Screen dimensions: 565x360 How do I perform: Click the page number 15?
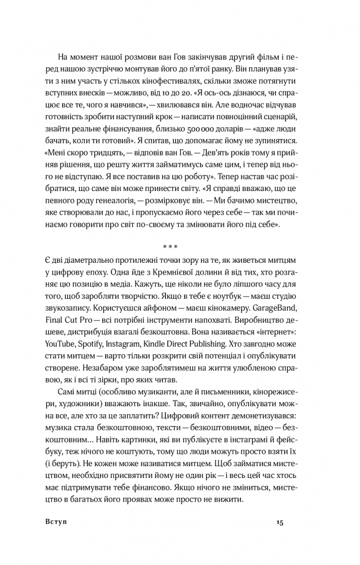click(x=280, y=521)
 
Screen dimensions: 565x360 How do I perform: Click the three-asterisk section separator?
click(x=170, y=247)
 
